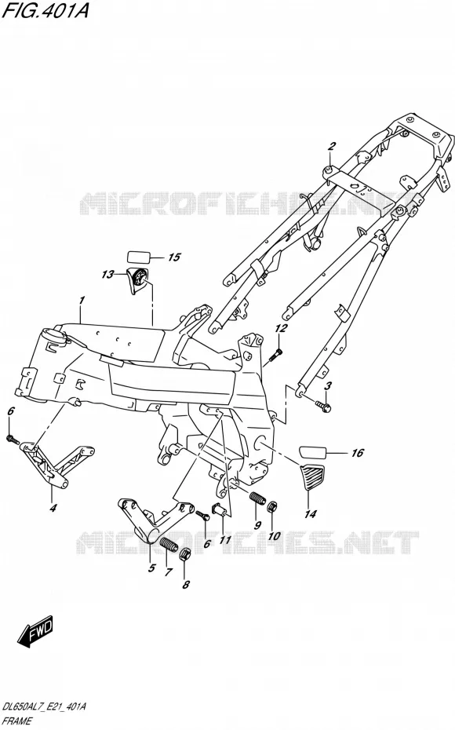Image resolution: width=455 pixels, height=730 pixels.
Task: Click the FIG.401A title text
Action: point(45,10)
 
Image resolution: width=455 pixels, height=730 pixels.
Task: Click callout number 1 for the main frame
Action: point(82,301)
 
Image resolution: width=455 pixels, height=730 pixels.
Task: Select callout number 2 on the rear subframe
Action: point(331,147)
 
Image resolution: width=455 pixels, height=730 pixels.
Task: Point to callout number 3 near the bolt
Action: point(328,385)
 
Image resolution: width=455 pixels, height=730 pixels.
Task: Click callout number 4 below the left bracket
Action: point(53,508)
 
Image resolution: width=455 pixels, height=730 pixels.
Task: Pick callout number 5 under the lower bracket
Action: point(151,568)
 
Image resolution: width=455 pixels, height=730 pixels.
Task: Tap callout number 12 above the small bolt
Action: point(281,329)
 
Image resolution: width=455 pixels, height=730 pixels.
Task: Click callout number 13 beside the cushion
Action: point(107,275)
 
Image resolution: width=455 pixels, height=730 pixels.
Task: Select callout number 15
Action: point(174,257)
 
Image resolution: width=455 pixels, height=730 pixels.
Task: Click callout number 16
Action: point(357,453)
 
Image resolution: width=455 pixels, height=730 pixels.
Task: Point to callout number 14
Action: point(311,514)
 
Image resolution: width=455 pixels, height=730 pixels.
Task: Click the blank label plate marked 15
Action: point(139,257)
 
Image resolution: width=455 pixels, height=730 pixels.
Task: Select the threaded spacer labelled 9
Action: point(258,498)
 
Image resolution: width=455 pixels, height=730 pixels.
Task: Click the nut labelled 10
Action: point(274,506)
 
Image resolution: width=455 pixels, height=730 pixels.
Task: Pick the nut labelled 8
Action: point(184,554)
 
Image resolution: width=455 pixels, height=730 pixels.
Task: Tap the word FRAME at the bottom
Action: point(17,721)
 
